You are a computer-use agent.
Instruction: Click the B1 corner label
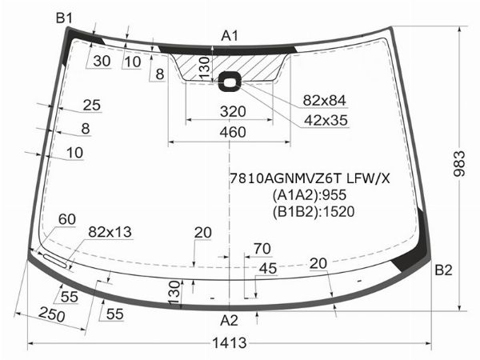click(64, 18)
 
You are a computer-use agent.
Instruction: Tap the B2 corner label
click(443, 270)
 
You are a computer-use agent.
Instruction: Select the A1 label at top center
click(230, 36)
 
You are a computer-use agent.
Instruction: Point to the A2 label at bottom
click(229, 321)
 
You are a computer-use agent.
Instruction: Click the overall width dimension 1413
click(230, 343)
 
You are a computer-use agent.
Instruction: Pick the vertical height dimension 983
click(459, 164)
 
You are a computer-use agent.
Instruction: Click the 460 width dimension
click(233, 132)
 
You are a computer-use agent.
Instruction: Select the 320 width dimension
click(233, 112)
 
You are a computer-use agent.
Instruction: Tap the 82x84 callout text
click(325, 101)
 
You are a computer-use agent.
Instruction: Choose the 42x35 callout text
click(326, 121)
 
